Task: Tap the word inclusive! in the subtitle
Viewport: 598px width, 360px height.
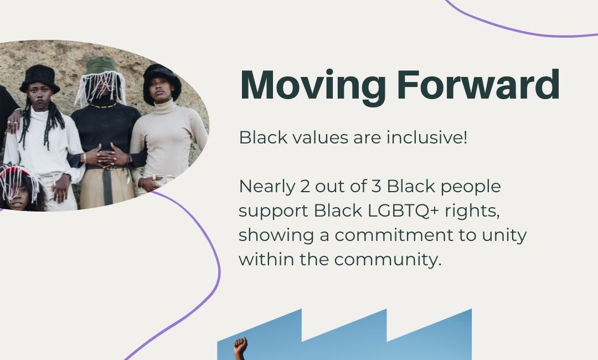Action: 427,137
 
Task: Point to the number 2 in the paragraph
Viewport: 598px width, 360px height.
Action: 305,187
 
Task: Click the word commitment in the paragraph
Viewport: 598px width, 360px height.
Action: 394,235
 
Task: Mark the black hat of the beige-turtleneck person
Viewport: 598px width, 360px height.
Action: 162,82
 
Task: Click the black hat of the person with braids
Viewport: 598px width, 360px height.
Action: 40,79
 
